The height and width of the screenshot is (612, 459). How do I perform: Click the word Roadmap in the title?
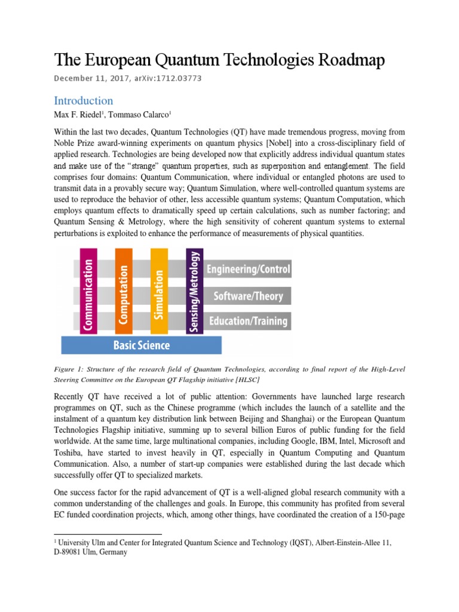coord(350,60)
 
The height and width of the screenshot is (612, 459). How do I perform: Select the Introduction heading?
coord(84,100)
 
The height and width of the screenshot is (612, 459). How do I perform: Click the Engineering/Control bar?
coord(248,270)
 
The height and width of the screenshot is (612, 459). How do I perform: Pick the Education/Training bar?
coord(247,321)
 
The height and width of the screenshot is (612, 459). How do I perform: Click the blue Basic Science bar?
coord(142,345)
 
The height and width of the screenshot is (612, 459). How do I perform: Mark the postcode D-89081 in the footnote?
coord(73,553)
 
